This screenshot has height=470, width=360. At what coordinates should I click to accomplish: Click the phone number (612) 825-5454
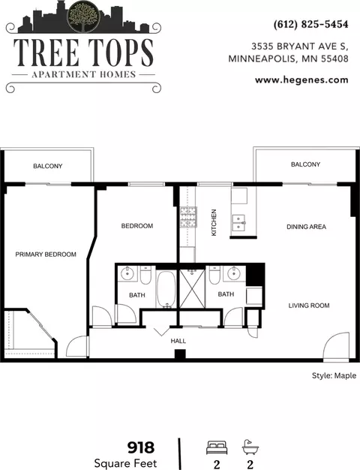(310, 24)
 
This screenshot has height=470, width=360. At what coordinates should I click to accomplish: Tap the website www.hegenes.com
(301, 80)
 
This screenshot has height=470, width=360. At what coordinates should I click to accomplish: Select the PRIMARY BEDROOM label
(46, 255)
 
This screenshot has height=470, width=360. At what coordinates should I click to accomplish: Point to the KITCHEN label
(214, 222)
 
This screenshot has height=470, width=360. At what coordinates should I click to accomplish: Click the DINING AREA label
(306, 227)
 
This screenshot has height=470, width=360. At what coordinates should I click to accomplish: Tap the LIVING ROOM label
(309, 306)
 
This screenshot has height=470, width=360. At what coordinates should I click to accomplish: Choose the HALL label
(178, 341)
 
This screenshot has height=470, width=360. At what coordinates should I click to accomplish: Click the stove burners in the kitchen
(188, 217)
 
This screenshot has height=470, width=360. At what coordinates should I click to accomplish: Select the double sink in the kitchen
(238, 223)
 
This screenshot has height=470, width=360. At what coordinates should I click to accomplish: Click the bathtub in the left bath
(166, 289)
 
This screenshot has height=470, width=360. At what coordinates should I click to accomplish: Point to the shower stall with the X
(192, 288)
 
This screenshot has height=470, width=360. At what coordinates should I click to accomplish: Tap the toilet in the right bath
(214, 275)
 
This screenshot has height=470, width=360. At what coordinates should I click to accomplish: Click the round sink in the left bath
(127, 273)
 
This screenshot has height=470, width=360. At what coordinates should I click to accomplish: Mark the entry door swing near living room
(337, 345)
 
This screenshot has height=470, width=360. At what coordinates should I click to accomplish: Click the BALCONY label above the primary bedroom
(47, 166)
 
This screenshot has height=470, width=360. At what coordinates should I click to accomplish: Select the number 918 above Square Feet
(141, 447)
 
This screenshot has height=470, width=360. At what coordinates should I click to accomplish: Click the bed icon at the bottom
(217, 447)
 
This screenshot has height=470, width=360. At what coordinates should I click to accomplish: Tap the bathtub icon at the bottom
(250, 447)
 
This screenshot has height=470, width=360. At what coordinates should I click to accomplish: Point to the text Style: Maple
(334, 375)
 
